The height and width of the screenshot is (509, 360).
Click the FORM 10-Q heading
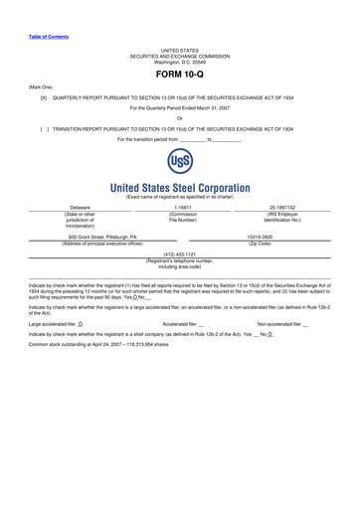[180, 75]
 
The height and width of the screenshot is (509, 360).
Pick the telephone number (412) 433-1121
[180, 281]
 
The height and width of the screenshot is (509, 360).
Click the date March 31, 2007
[219, 109]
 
